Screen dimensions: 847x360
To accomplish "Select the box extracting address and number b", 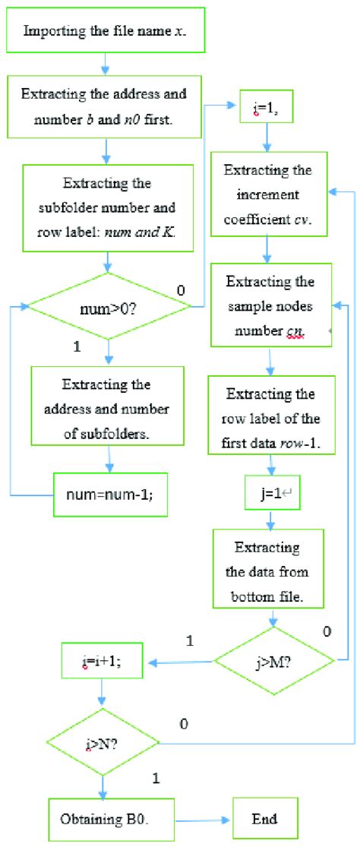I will [103, 106].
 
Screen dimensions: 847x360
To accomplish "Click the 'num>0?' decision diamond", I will [109, 307].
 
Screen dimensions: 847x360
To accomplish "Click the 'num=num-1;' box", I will [110, 494].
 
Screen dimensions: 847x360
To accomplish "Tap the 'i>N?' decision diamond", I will [103, 741].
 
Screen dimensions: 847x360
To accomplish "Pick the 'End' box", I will [264, 818].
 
